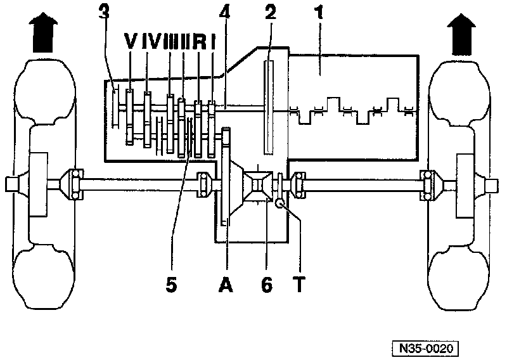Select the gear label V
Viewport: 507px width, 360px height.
[x=131, y=43]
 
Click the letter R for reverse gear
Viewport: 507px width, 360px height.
[x=198, y=43]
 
